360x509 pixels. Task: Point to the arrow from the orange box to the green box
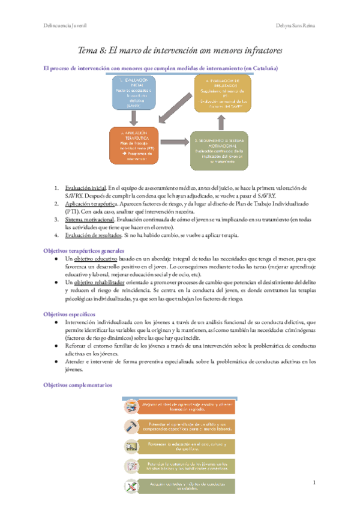coord(177,145)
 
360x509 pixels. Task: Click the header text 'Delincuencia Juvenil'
coord(61,26)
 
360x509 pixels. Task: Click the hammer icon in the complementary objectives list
coord(130,426)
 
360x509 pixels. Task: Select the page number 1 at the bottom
coord(314,482)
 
